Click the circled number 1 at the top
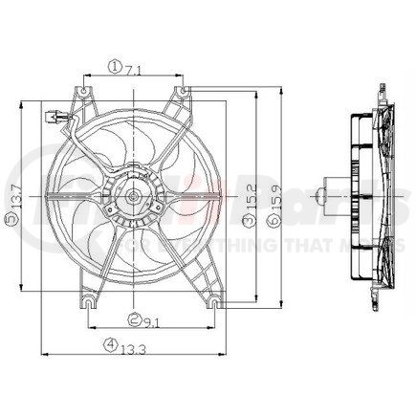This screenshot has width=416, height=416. (114, 67)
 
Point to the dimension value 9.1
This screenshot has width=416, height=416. (155, 322)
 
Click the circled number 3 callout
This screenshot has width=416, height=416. (248, 223)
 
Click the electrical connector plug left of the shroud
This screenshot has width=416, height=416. (55, 120)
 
